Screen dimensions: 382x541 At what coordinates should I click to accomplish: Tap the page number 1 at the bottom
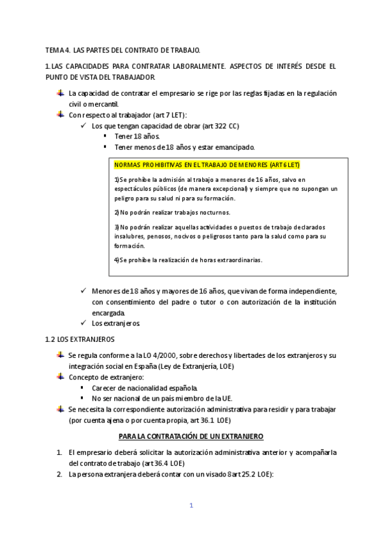point(191,505)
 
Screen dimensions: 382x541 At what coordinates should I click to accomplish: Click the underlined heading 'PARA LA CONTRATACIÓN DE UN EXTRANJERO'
point(191,436)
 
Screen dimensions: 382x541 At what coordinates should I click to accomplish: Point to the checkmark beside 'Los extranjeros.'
point(85,323)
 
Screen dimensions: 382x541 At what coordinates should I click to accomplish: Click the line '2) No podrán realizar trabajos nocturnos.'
point(172,212)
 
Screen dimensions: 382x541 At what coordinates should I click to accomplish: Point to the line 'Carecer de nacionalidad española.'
point(145,387)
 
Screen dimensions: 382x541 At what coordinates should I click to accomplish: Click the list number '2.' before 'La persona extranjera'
point(59,475)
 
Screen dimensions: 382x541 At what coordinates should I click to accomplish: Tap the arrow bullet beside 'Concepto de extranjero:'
point(60,376)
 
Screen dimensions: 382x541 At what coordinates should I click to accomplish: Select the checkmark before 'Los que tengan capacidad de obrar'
point(85,126)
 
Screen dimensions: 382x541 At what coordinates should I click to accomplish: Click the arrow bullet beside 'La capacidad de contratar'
point(60,93)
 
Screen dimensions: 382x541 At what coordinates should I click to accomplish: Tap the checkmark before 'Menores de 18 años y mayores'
point(85,290)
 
